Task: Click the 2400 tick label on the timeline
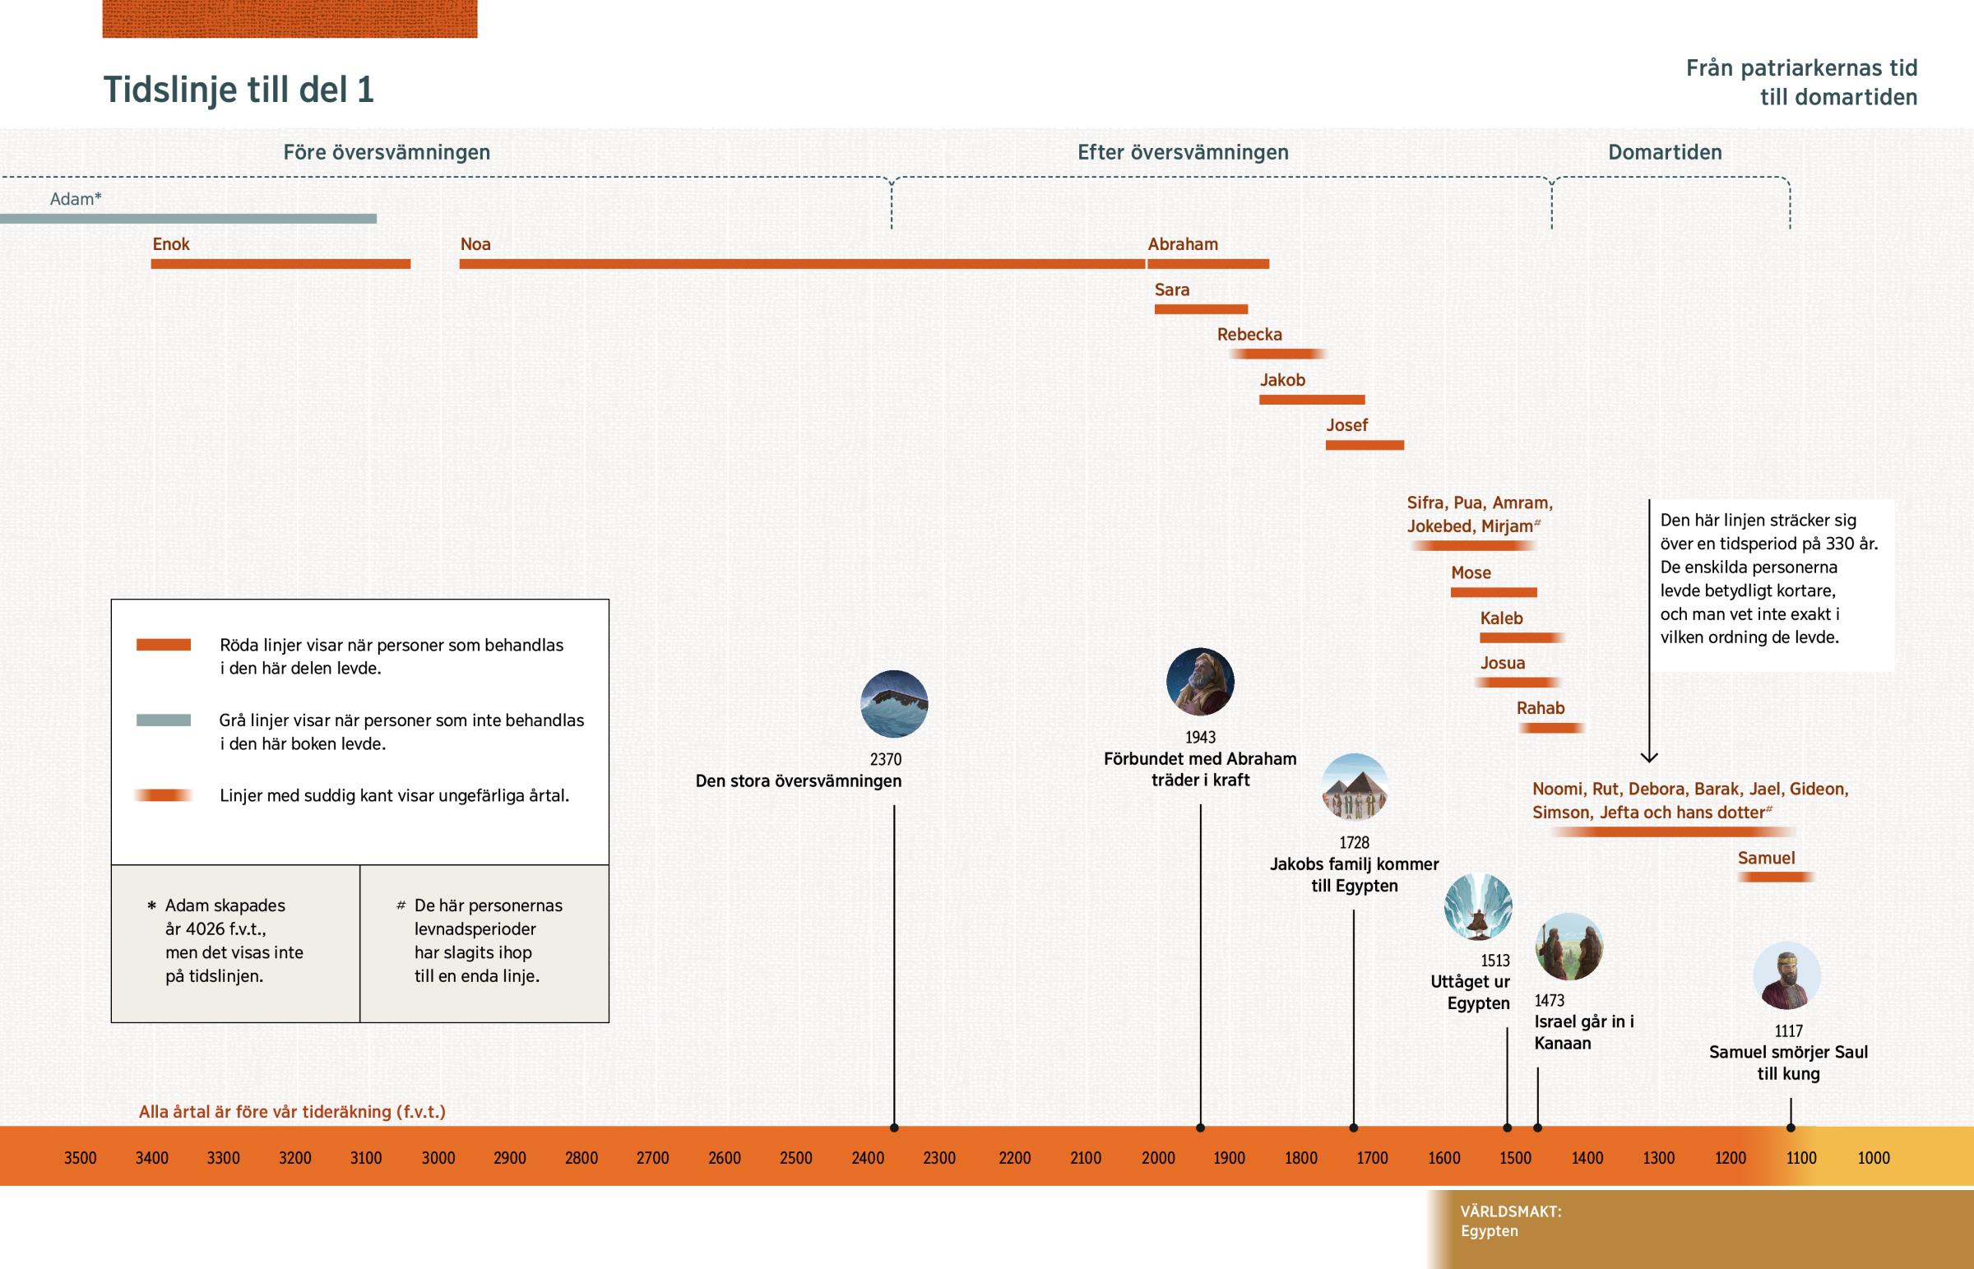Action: [x=868, y=1158]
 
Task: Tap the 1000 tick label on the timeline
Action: [x=1874, y=1158]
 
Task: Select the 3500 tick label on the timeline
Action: [x=80, y=1158]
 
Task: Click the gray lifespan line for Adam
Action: [x=188, y=219]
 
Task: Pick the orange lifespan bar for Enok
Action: [x=280, y=264]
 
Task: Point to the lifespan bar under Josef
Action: [x=1365, y=445]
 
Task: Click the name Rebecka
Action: [x=1249, y=335]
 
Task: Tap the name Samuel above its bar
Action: [x=1766, y=858]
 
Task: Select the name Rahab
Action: [x=1540, y=708]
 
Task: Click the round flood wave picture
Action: [x=894, y=704]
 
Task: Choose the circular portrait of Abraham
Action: [x=1199, y=682]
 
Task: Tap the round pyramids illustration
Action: [x=1355, y=787]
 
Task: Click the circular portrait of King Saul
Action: [x=1786, y=975]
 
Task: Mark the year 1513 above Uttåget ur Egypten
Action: [x=1494, y=961]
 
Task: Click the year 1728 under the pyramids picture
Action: [x=1354, y=842]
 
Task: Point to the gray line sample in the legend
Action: [x=163, y=720]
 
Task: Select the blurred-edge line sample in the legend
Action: [x=163, y=795]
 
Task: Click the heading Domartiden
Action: [x=1664, y=152]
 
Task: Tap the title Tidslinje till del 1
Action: [x=238, y=90]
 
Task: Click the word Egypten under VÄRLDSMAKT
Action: [x=1489, y=1231]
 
